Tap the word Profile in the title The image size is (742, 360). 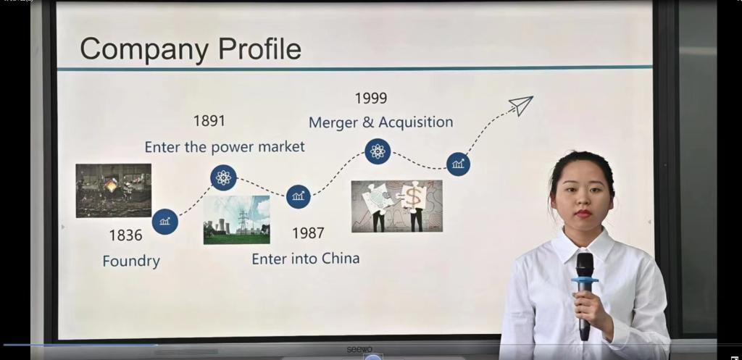coord(259,49)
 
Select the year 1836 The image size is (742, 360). coord(125,235)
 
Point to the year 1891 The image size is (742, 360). coord(209,121)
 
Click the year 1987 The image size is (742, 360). coord(308,233)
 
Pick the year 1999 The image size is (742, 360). coord(371,99)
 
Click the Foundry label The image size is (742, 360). coord(131,261)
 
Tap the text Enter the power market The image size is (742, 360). coord(225,147)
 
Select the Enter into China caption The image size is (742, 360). coord(306,259)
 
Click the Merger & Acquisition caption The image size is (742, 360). coord(381,122)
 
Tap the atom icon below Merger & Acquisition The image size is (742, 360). coord(378,151)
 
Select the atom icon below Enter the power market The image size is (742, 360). coord(223,178)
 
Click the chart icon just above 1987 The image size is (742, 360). coord(298,196)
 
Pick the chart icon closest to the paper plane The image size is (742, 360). coord(458,164)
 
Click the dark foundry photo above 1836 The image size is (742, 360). coord(114,191)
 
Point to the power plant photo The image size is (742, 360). coord(237,220)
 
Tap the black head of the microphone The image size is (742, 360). coord(585,265)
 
